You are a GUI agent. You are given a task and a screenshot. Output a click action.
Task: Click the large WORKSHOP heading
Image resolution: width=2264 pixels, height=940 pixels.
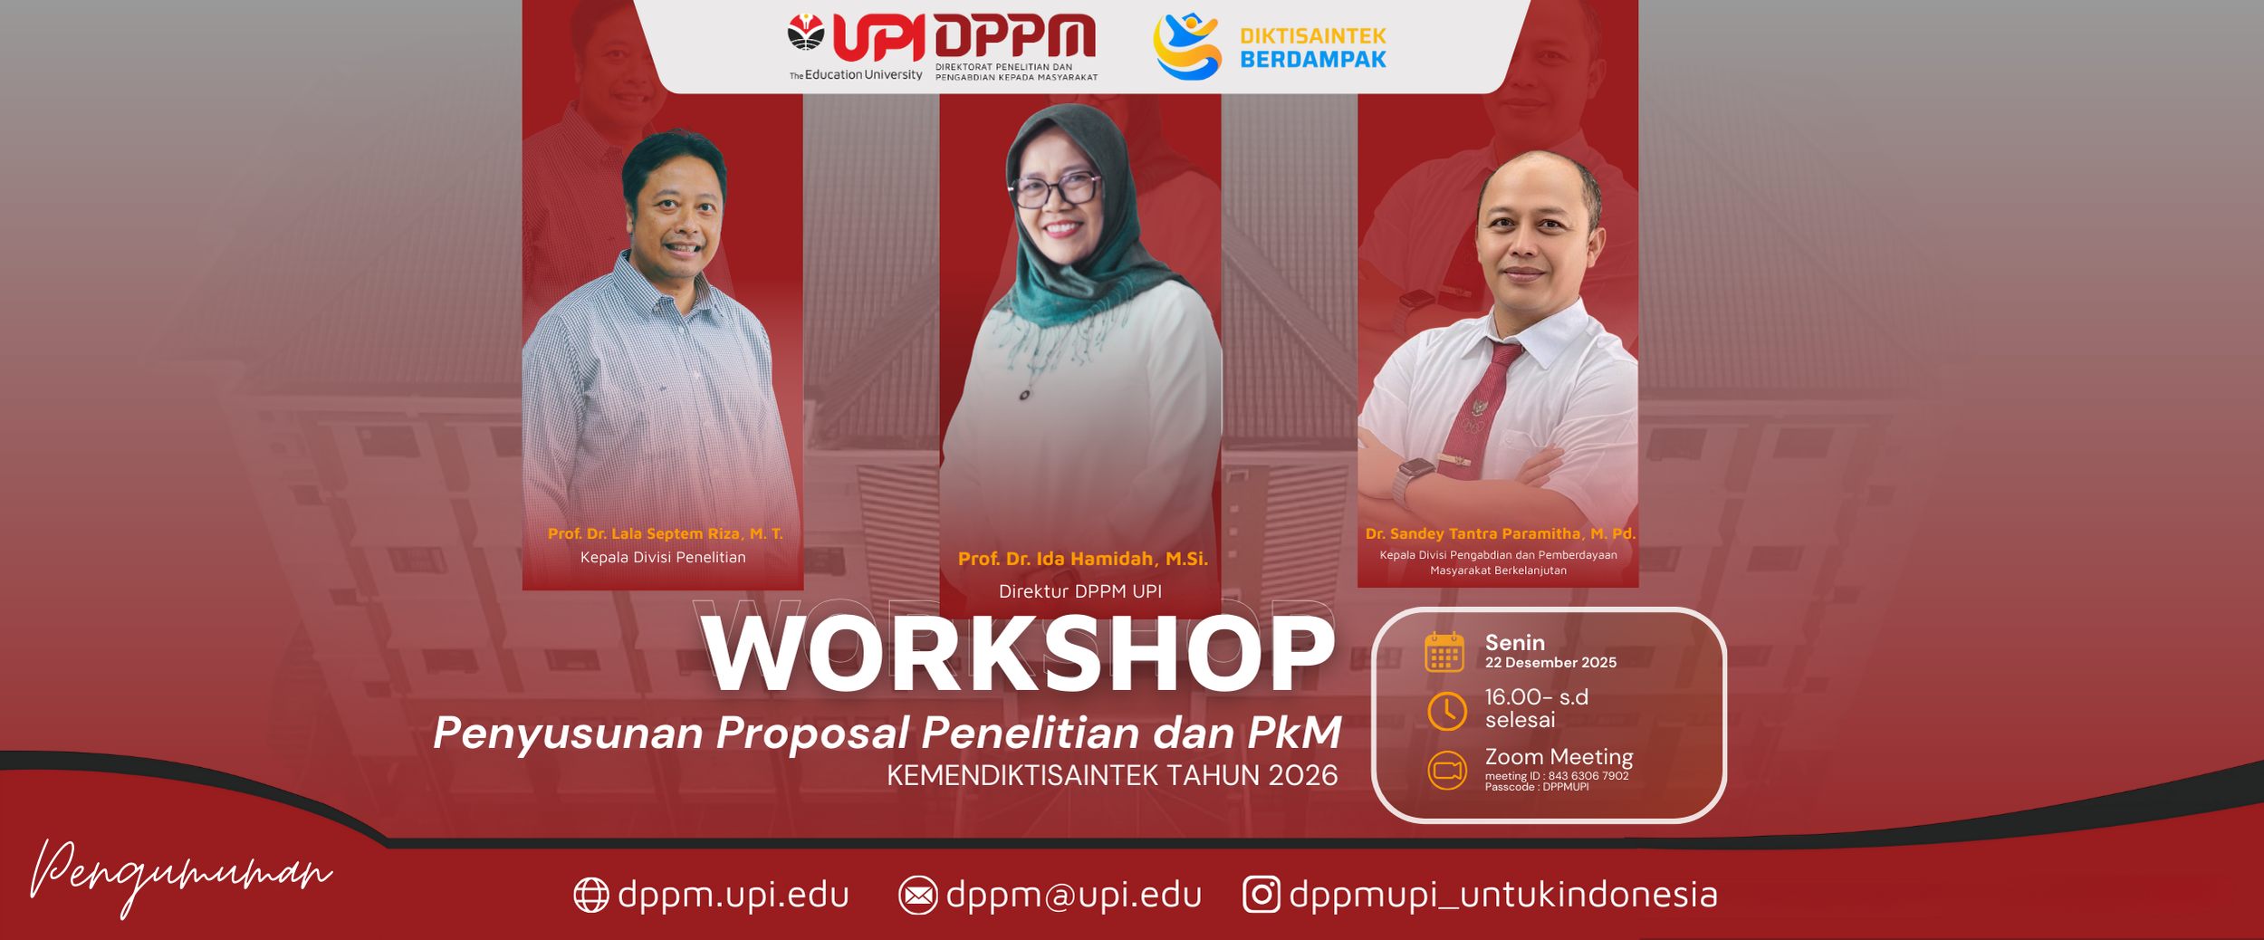point(1019,654)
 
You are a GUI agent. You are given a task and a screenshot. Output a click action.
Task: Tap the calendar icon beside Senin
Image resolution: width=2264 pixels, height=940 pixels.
point(1444,652)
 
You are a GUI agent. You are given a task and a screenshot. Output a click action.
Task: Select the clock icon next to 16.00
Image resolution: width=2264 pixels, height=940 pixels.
point(1446,711)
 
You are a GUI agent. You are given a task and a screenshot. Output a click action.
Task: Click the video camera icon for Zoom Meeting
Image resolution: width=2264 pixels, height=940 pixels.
point(1447,771)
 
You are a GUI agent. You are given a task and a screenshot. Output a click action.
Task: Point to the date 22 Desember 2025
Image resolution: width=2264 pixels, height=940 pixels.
point(1550,663)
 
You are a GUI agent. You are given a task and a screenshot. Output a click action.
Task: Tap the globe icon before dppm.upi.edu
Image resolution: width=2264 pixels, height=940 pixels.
point(591,896)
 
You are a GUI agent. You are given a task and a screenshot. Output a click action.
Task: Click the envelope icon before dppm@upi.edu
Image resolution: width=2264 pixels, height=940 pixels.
point(917,896)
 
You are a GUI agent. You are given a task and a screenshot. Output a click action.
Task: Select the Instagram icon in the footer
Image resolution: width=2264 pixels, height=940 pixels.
point(1261,894)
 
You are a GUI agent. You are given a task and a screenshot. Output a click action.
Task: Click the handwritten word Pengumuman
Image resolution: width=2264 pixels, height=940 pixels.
point(181,875)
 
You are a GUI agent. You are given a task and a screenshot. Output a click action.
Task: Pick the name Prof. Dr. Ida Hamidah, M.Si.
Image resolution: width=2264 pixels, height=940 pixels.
point(1083,559)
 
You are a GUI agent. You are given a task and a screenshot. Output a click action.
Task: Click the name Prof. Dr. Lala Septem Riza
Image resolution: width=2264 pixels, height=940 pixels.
point(665,534)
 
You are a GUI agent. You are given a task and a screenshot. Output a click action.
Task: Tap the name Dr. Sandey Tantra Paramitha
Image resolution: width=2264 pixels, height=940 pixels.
point(1500,534)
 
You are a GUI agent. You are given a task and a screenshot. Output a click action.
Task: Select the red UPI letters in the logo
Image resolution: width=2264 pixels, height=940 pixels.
point(878,38)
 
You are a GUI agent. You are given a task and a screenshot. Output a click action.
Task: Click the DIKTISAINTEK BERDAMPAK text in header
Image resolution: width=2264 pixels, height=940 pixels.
point(1312,48)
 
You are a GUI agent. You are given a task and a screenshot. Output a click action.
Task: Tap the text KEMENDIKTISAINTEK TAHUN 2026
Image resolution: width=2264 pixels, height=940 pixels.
point(1112,776)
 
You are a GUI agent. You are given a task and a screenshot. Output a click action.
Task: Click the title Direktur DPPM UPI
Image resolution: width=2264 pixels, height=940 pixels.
point(1079,591)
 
